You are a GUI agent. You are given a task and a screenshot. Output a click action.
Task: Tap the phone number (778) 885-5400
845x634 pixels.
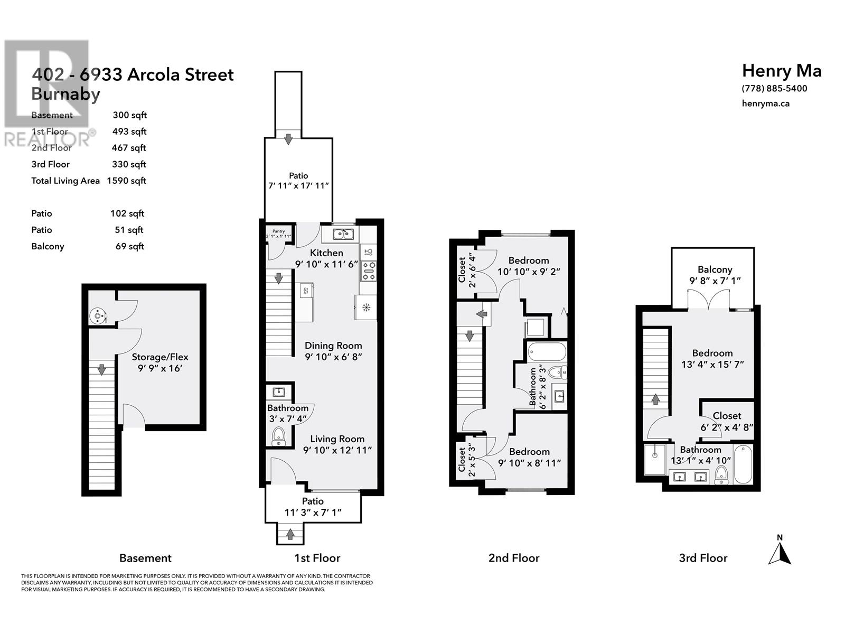(x=774, y=89)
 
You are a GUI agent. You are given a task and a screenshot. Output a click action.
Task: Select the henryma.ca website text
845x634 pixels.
(x=765, y=104)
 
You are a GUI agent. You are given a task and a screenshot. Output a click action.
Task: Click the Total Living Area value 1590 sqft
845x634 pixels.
(x=126, y=181)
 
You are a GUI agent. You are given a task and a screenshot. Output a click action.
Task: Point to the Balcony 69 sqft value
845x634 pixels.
(x=130, y=246)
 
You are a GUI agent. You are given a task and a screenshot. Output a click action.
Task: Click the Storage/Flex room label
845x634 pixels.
(x=160, y=357)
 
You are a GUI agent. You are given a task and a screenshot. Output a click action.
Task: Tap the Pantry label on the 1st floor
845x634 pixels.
(x=278, y=231)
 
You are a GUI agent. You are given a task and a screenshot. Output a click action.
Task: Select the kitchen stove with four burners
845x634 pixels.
(x=369, y=271)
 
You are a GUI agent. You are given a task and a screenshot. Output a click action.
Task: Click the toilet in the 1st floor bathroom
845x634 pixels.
(x=278, y=436)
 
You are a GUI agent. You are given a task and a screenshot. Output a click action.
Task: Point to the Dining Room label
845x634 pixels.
(x=333, y=346)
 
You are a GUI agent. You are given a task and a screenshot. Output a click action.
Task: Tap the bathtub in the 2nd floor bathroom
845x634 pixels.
(x=547, y=351)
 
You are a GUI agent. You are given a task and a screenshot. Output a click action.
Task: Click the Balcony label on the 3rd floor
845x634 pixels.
(x=715, y=269)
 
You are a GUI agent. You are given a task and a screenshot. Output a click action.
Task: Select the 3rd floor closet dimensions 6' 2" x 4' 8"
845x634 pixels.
(x=727, y=427)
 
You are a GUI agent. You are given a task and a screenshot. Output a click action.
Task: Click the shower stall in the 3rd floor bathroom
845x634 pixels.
(x=654, y=460)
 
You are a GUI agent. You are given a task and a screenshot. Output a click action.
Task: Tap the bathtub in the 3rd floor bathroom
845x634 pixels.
(x=743, y=464)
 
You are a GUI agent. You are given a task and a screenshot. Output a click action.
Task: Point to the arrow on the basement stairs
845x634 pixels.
(x=101, y=369)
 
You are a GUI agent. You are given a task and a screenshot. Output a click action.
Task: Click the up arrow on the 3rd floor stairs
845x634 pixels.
(x=655, y=399)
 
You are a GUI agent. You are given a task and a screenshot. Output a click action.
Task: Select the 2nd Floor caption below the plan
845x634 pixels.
(x=514, y=558)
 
